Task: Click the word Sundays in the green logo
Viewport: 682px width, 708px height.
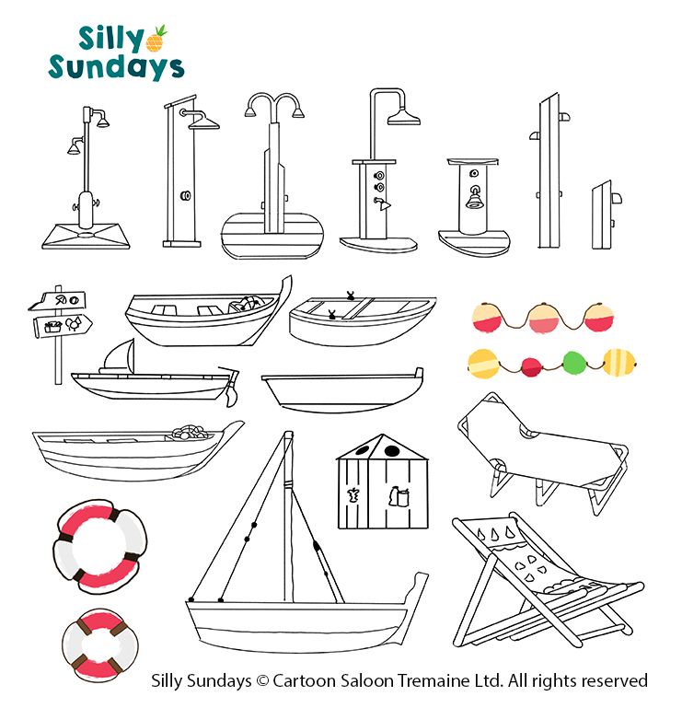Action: pyautogui.click(x=117, y=68)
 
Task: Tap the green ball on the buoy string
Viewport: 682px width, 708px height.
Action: pyautogui.click(x=574, y=363)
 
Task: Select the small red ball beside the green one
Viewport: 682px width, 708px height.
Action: pyautogui.click(x=532, y=366)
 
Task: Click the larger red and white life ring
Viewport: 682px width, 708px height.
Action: pyautogui.click(x=100, y=546)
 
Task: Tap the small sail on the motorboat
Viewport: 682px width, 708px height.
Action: pyautogui.click(x=119, y=356)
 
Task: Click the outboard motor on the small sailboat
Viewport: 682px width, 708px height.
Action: pyautogui.click(x=230, y=385)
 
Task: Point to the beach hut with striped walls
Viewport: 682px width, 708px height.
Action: pyautogui.click(x=382, y=482)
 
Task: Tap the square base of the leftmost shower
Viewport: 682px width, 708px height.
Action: pyautogui.click(x=86, y=236)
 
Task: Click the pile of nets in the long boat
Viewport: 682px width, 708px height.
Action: pyautogui.click(x=192, y=432)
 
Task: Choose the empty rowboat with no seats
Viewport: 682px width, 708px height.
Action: pyautogui.click(x=342, y=390)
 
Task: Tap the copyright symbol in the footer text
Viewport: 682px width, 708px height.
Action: pyautogui.click(x=261, y=681)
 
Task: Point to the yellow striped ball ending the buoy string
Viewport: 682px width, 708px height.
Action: pyautogui.click(x=619, y=362)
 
